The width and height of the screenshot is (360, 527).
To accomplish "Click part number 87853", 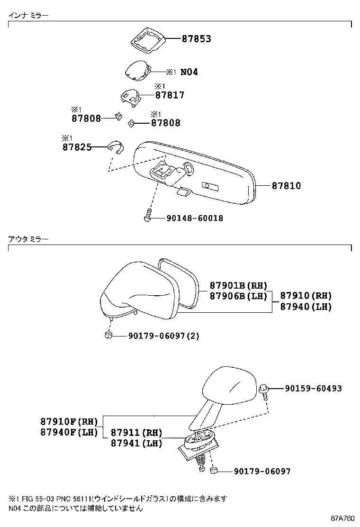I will pyautogui.click(x=196, y=39).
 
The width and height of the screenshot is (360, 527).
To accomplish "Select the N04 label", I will pyautogui.click(x=189, y=72).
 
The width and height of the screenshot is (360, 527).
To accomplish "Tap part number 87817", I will pyautogui.click(x=170, y=95).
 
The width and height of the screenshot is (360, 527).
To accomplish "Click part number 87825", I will pyautogui.click(x=76, y=147).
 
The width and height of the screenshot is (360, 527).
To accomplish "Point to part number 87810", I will pyautogui.click(x=286, y=186).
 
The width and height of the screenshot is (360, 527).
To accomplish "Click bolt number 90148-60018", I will pyautogui.click(x=195, y=218).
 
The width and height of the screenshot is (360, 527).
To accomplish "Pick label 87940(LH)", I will pyautogui.click(x=306, y=307).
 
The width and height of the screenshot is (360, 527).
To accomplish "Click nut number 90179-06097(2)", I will pyautogui.click(x=163, y=336).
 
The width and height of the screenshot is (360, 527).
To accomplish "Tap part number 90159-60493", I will pyautogui.click(x=313, y=389).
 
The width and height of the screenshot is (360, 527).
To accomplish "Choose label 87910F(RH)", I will pyautogui.click(x=69, y=422).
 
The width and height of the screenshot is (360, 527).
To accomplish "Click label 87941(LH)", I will pyautogui.click(x=136, y=444).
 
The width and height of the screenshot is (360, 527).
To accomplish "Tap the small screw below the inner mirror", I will pyautogui.click(x=148, y=216).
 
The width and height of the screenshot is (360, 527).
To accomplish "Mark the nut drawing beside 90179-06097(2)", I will pyautogui.click(x=108, y=336).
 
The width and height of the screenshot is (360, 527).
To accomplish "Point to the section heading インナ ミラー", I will pyautogui.click(x=28, y=16).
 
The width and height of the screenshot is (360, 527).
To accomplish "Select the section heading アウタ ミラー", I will pyautogui.click(x=28, y=240).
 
